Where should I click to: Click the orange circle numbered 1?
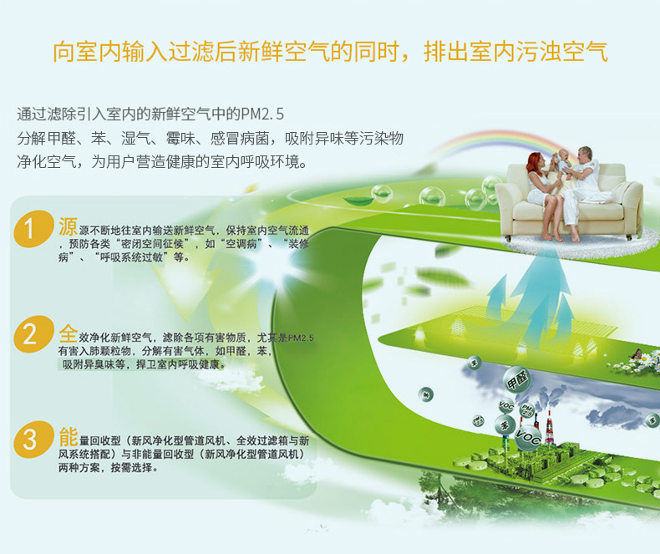31,229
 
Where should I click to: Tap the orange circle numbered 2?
31,334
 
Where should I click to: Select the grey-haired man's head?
586,155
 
